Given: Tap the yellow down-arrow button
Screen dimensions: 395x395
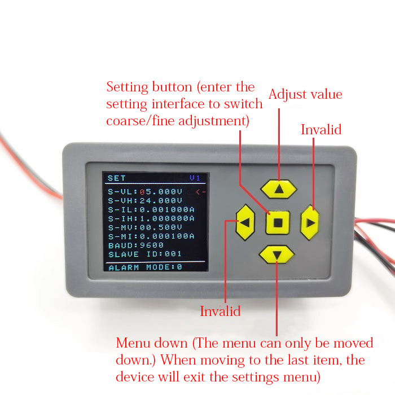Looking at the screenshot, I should tap(276, 255).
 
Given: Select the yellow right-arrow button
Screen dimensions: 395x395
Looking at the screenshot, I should tap(310, 222).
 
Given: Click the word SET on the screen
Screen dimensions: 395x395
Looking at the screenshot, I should tap(117, 178).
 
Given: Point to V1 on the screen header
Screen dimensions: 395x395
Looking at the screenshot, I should tap(195, 178).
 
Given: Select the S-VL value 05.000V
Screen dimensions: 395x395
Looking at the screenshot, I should tap(161, 191).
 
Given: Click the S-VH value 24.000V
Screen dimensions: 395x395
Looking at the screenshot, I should tap(161, 200).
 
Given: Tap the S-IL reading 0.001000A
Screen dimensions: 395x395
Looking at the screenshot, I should tap(167, 209).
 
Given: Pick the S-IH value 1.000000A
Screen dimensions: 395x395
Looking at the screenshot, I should tap(167, 218).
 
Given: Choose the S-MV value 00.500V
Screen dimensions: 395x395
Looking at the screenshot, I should tap(161, 227).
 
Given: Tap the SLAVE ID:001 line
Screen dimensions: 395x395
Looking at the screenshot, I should tap(145, 254).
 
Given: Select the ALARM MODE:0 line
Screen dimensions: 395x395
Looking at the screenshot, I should tap(145, 267).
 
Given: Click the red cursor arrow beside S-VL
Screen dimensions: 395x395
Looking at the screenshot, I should tap(201, 192).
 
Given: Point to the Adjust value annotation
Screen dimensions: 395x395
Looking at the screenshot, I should tap(305, 94).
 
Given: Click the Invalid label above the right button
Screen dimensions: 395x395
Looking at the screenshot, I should tap(321, 130).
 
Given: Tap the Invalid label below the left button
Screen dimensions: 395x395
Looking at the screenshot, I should tap(221, 311).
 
